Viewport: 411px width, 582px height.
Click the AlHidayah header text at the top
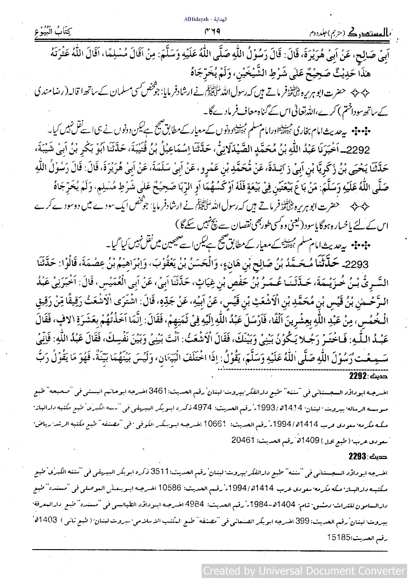(x=205, y=19)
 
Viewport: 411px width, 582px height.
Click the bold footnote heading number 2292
(x=359, y=377)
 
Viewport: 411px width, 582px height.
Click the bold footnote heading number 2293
(x=357, y=457)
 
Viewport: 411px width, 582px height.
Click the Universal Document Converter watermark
(x=304, y=571)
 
